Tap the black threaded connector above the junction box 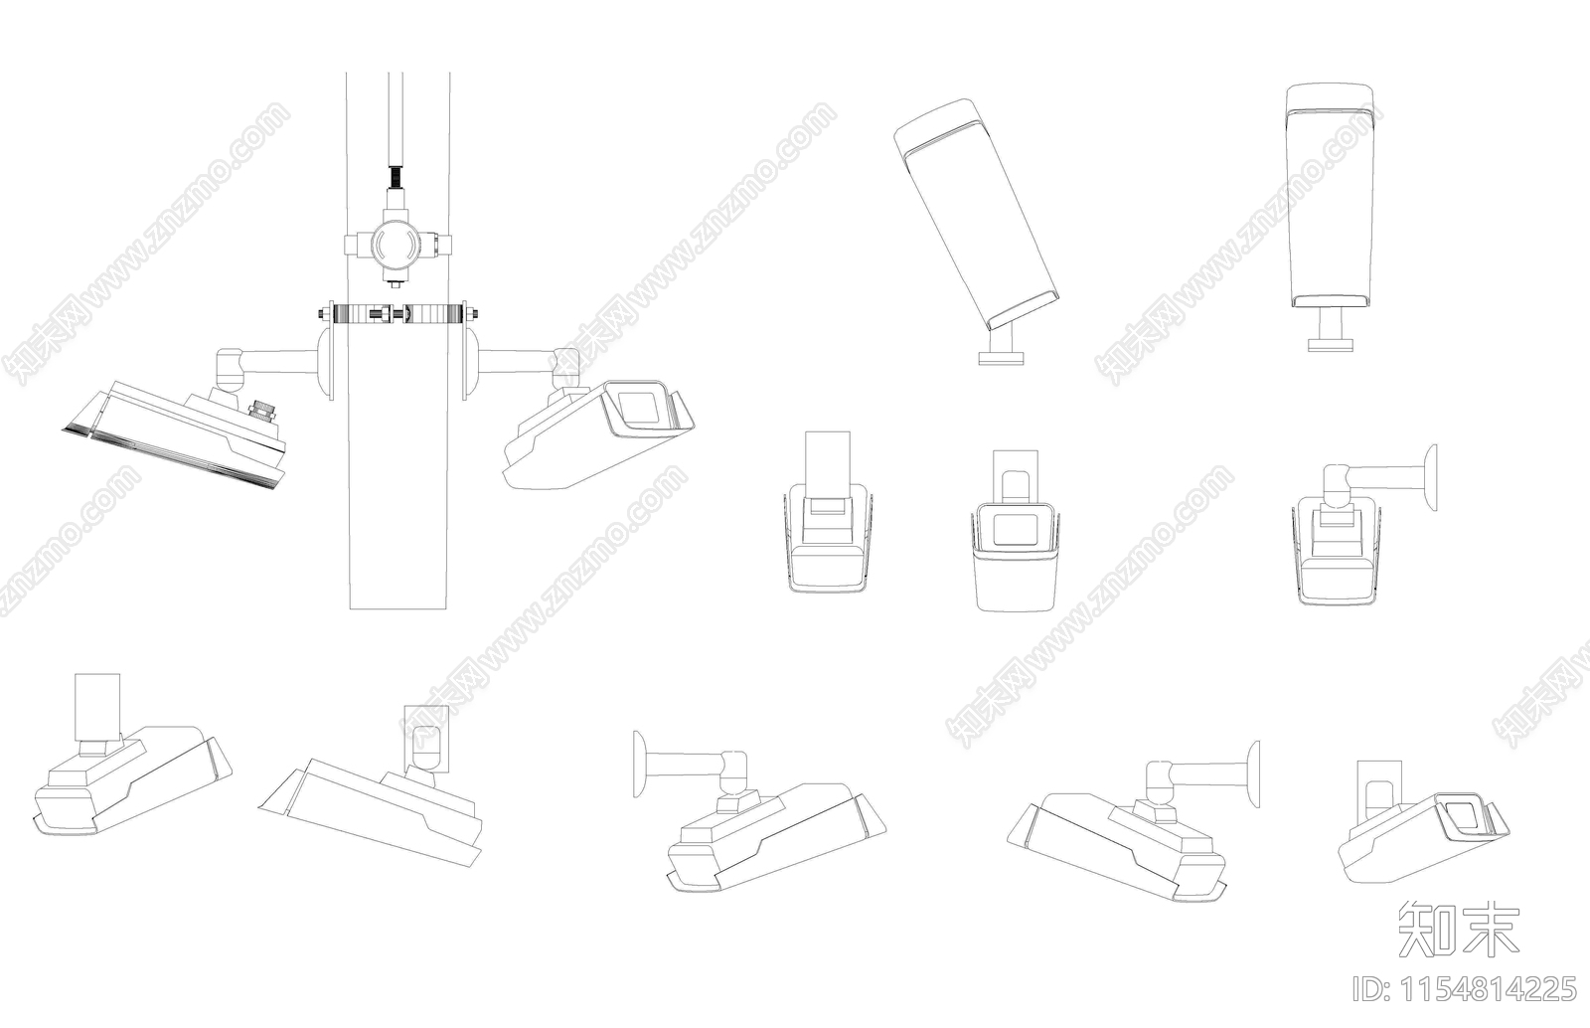coord(395,176)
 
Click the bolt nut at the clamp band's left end coord(324,313)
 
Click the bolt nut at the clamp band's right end coord(470,313)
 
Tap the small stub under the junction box coord(395,283)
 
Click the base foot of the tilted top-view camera coord(1001,359)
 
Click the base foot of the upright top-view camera coord(1331,344)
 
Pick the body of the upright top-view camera coord(1331,197)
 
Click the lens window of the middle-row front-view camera coord(1015,529)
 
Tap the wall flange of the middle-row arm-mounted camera coord(1432,477)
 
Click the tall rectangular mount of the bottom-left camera coord(97,707)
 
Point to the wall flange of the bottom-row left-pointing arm coord(639,764)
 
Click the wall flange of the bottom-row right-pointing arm coord(1254,773)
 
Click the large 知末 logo coord(1458,930)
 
